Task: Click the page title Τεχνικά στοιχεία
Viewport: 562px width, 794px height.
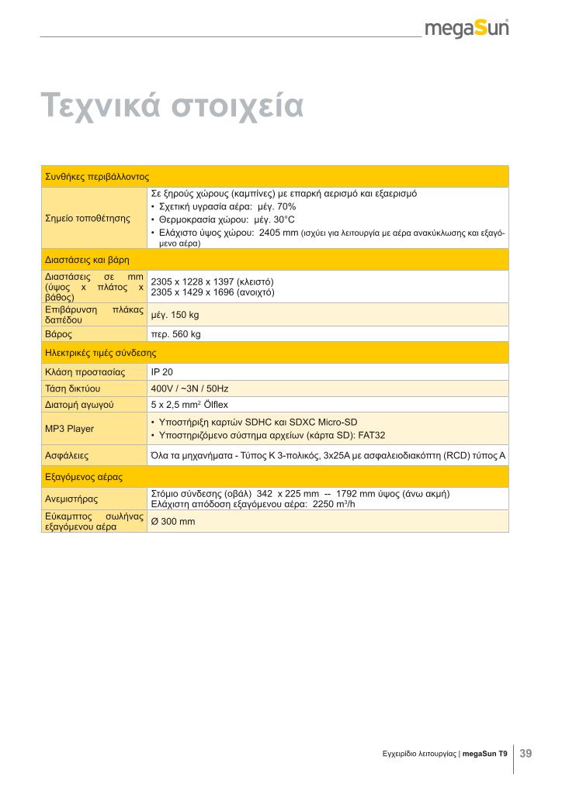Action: [x=172, y=105]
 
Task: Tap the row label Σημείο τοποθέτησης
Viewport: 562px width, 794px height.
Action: [x=88, y=218]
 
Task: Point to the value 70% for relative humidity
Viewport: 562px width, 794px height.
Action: [x=286, y=206]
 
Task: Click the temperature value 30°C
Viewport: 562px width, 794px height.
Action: [x=280, y=219]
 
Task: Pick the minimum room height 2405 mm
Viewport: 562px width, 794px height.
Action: [x=279, y=233]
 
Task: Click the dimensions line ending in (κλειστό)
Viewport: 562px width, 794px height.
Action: [x=212, y=281]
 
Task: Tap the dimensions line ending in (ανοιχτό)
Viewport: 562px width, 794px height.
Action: [x=212, y=292]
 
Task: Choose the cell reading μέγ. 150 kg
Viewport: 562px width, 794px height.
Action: [x=175, y=315]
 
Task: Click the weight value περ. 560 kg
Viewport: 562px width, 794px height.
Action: [x=175, y=334]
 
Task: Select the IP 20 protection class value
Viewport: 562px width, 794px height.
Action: [x=161, y=372]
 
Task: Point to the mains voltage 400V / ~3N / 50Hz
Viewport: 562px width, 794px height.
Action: [x=189, y=388]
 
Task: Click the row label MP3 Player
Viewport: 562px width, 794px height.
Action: [x=69, y=428]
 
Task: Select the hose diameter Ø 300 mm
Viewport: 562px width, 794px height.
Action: [x=173, y=521]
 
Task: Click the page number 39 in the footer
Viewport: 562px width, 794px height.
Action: [x=526, y=753]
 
